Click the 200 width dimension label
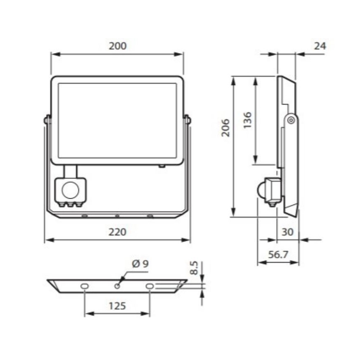tap(117, 46)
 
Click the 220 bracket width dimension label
tap(117, 232)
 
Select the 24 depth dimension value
tap(319, 46)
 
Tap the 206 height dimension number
tap(226, 128)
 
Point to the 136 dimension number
tap(247, 120)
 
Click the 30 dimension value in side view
tap(287, 232)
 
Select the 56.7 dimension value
tap(278, 255)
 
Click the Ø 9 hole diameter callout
tap(140, 264)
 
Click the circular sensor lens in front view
tap(71, 190)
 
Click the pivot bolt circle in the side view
tap(292, 120)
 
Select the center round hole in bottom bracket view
tap(118, 286)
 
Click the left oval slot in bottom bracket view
tap(85, 286)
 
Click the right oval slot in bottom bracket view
tap(150, 286)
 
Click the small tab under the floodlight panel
tap(161, 167)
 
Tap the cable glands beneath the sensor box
tap(71, 204)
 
